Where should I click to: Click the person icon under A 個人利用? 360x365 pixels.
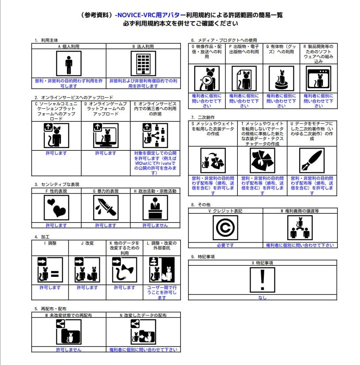point(68,64)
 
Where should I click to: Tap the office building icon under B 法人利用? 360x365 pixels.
point(143,64)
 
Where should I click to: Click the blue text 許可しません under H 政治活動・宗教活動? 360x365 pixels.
point(155,225)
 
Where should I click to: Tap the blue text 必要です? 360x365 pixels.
point(225,245)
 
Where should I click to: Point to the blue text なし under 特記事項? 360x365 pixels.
point(262,298)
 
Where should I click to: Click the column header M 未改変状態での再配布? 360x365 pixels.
point(68,316)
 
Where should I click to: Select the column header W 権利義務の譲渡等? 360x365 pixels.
point(300,211)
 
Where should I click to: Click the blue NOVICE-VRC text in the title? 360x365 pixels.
point(133,15)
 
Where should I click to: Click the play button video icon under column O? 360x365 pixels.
point(207,78)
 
